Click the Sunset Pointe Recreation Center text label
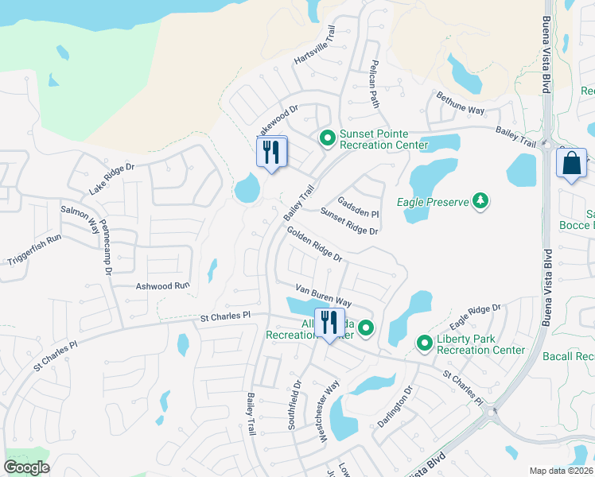(383, 139)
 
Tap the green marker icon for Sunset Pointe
(327, 138)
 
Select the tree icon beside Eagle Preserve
(480, 202)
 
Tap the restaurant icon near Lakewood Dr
(271, 151)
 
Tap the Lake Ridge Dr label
(113, 178)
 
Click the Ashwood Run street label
(163, 285)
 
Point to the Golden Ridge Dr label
(314, 244)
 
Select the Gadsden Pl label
(358, 208)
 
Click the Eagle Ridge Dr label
(475, 316)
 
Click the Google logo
(26, 467)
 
